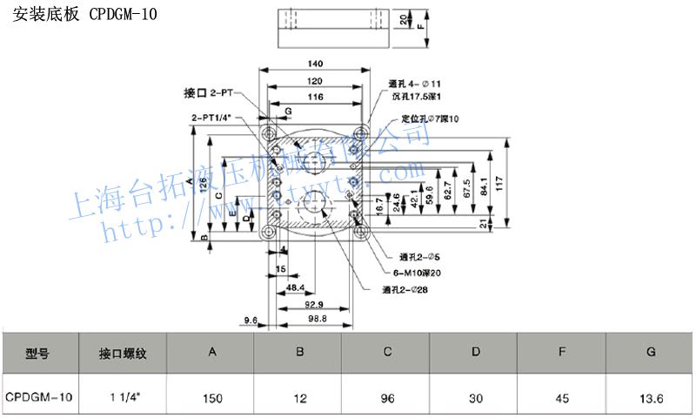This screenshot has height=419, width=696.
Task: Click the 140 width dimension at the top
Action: (315, 64)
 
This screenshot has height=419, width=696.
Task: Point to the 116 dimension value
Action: (315, 96)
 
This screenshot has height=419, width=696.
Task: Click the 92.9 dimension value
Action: (314, 304)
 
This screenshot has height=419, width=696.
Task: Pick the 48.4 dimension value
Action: (295, 287)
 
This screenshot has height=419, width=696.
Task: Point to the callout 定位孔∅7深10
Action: (430, 118)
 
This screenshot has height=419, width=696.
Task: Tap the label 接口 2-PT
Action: (209, 92)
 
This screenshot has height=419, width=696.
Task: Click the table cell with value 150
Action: (212, 398)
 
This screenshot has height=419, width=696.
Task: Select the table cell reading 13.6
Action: (650, 398)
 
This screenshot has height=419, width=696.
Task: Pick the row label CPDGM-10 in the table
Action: (39, 398)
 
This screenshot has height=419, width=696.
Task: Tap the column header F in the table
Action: (562, 353)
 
